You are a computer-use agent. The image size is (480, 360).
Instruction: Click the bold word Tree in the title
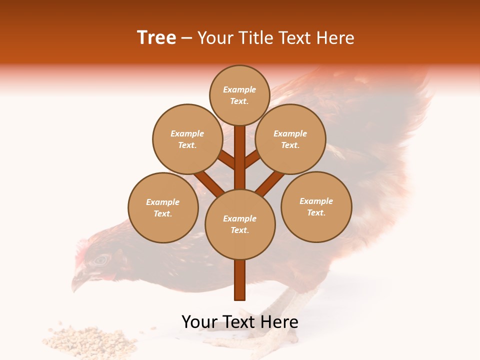(156, 38)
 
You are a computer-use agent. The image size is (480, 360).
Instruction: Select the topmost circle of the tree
(239, 95)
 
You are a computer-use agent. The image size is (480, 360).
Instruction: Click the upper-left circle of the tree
(187, 139)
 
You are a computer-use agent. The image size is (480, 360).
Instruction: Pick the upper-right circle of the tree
(290, 139)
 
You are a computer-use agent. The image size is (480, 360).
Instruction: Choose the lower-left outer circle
(163, 207)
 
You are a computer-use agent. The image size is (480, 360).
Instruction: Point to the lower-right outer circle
(316, 206)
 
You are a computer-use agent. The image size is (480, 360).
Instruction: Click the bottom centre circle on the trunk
(239, 224)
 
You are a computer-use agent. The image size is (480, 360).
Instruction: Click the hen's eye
(101, 259)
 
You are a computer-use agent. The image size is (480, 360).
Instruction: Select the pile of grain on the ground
(90, 340)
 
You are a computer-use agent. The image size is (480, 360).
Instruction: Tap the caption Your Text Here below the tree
(239, 322)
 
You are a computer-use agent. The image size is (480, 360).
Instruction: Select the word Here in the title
(337, 38)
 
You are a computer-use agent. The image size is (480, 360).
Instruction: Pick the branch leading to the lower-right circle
(270, 182)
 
